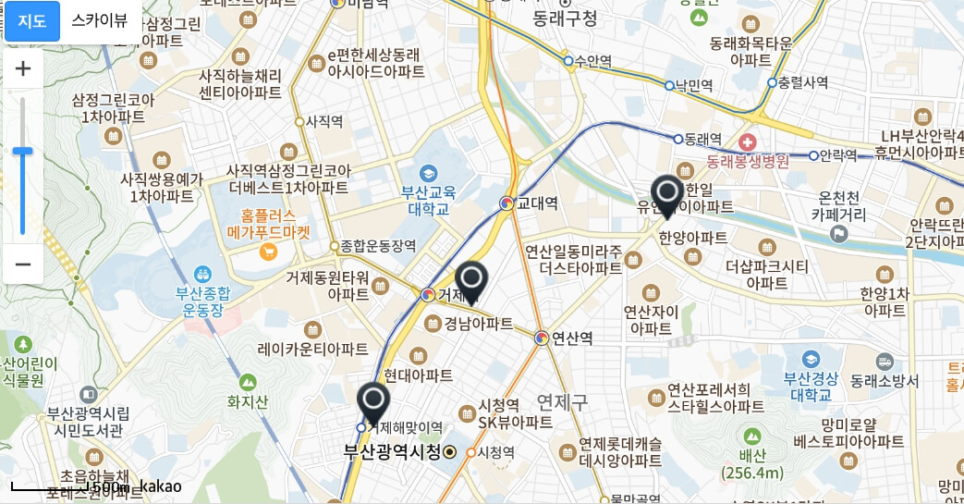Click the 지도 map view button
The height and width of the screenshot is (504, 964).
(x=32, y=21)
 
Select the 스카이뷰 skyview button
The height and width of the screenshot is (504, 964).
(x=100, y=21)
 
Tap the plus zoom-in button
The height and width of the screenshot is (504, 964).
(x=23, y=68)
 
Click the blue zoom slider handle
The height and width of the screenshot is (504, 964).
(x=23, y=151)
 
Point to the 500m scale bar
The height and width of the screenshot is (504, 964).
(x=68, y=487)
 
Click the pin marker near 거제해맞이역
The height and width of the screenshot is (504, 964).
(x=373, y=403)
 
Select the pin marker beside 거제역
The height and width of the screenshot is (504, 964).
(x=471, y=281)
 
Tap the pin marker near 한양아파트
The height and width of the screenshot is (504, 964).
(x=666, y=195)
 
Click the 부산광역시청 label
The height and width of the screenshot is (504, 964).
(x=392, y=452)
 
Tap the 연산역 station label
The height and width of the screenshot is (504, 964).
(x=572, y=338)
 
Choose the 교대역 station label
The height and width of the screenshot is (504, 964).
(x=537, y=203)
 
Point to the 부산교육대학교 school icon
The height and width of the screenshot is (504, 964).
(x=428, y=173)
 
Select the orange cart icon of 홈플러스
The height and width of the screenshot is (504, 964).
(x=269, y=251)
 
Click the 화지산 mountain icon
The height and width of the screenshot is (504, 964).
(x=247, y=381)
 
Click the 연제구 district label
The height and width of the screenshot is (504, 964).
(x=562, y=400)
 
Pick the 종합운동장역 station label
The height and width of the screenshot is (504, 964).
(x=378, y=246)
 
